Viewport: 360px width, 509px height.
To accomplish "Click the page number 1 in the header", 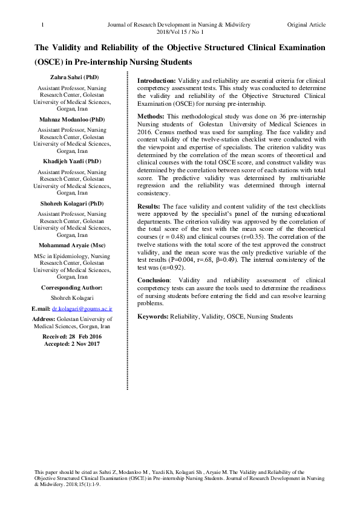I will [x=42, y=25].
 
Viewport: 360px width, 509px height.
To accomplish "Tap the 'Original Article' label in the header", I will [x=306, y=25].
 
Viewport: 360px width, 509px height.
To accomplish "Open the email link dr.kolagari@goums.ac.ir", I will [x=82, y=308].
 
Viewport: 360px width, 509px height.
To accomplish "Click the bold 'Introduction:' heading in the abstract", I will [x=156, y=80].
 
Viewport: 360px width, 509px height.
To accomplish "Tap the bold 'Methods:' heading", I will [x=151, y=115].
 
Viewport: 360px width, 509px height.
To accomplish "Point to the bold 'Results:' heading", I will [x=149, y=207].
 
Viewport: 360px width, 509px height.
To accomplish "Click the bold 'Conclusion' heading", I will [x=153, y=280].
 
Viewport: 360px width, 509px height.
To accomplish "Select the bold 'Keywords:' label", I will [x=153, y=316].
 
